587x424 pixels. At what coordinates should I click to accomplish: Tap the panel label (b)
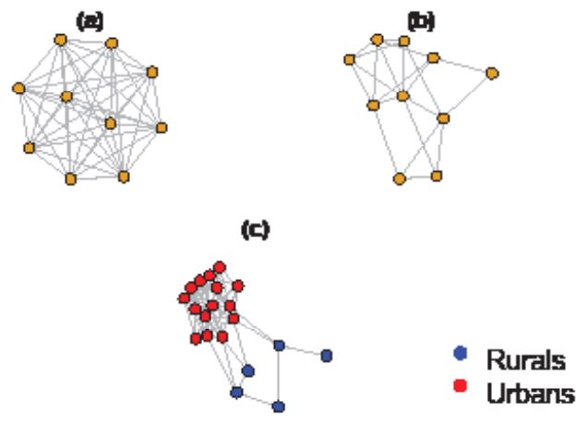(422, 19)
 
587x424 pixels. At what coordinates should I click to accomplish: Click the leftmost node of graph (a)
(18, 89)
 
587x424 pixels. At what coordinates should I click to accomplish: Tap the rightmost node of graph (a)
(162, 127)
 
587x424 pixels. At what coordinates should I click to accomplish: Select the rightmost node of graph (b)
(492, 71)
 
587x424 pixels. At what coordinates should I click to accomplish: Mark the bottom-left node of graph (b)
(400, 178)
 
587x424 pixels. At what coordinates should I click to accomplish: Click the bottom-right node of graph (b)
(437, 175)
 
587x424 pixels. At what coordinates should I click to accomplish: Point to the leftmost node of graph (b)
(349, 60)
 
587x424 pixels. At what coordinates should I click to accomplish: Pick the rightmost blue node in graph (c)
(326, 355)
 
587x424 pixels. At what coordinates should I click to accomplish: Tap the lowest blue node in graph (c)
(279, 406)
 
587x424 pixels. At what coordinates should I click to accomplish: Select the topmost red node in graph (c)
(221, 267)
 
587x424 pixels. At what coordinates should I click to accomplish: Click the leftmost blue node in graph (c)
(236, 393)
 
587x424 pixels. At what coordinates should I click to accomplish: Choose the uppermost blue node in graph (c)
(279, 345)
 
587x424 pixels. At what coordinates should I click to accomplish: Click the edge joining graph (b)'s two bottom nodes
(418, 176)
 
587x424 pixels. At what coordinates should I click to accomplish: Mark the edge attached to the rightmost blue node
(303, 350)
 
